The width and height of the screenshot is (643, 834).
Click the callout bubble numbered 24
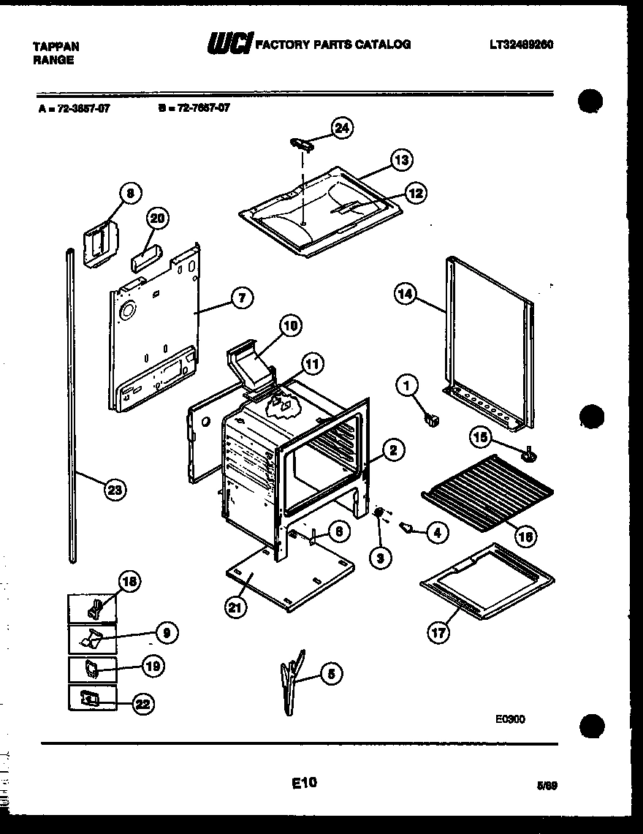click(x=341, y=128)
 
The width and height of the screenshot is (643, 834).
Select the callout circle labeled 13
click(x=400, y=160)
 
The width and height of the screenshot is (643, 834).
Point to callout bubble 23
click(x=115, y=490)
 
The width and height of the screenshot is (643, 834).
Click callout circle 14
click(x=406, y=295)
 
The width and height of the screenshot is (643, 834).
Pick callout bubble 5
click(x=330, y=675)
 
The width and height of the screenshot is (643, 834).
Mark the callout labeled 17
click(x=438, y=633)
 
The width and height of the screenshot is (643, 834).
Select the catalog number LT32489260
click(x=521, y=45)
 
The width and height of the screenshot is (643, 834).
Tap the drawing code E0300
click(x=509, y=719)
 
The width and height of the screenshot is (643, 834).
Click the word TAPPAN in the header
click(x=56, y=45)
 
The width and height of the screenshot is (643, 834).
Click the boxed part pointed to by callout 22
click(x=91, y=699)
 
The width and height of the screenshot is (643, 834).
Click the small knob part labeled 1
click(x=430, y=420)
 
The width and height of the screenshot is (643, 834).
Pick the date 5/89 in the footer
click(x=547, y=786)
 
